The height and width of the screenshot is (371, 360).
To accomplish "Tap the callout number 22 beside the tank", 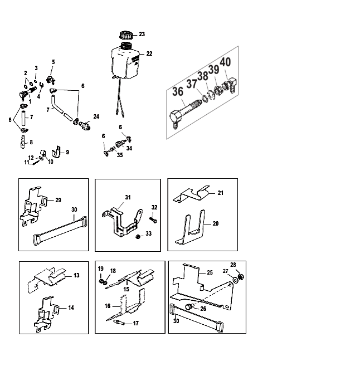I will pos(149,54).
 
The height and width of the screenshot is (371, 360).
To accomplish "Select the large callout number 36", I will pos(179,92).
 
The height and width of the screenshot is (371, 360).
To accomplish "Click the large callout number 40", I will pos(226,62).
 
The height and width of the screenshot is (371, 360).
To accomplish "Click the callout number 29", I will pos(58,199).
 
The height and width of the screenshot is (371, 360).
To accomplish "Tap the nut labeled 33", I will pos(138,237).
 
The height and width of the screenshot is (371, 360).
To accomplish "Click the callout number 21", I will pos(221,193).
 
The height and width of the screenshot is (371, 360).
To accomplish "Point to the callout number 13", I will pos(77,275).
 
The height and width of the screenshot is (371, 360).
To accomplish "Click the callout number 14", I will pos(71,307).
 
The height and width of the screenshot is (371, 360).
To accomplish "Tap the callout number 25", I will pos(210,273).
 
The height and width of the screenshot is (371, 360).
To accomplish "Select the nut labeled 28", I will pos(240,277).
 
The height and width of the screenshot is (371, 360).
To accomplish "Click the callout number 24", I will pos(96,116).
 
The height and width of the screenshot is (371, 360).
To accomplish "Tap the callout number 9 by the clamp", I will pos(67,152).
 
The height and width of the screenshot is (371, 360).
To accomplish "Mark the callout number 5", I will pos(53,62).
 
